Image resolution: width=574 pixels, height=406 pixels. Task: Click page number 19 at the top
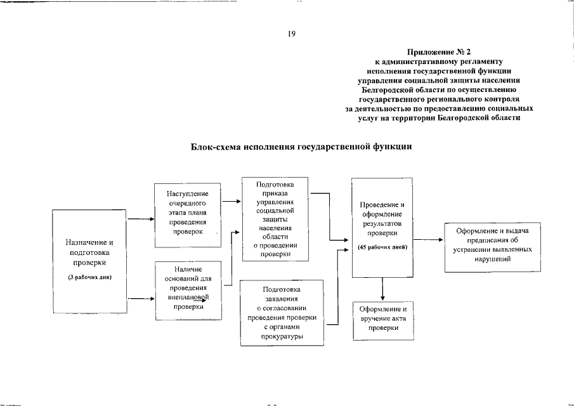pyautogui.click(x=292, y=34)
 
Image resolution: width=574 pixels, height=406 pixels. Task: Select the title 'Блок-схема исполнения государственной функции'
pyautogui.click(x=301, y=147)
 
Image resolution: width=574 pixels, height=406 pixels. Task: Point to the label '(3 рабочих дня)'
pyautogui.click(x=90, y=277)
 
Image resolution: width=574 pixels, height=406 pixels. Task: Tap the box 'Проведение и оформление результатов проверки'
pyautogui.click(x=382, y=227)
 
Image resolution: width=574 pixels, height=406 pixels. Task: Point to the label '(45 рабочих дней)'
pyautogui.click(x=382, y=246)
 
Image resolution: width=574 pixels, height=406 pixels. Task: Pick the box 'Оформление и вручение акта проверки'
pyautogui.click(x=382, y=318)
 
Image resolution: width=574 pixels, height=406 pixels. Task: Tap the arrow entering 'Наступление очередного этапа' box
pyautogui.click(x=141, y=220)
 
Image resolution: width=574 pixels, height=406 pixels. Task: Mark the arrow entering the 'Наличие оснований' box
pyautogui.click(x=141, y=298)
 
